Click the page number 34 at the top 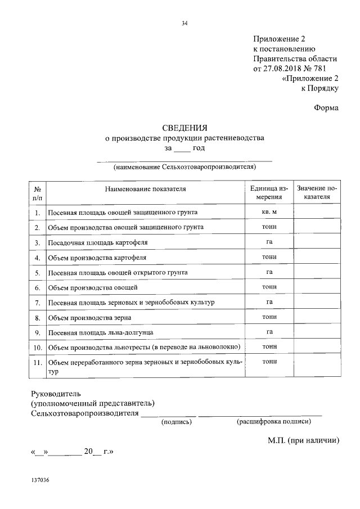point(184,23)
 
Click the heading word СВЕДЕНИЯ point(184,128)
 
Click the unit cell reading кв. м point(269,212)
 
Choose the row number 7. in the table point(37,303)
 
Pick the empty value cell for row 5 point(317,272)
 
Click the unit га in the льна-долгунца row point(269,332)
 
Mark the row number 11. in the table point(37,363)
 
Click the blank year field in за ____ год point(183,148)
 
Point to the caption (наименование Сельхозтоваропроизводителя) point(184,167)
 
